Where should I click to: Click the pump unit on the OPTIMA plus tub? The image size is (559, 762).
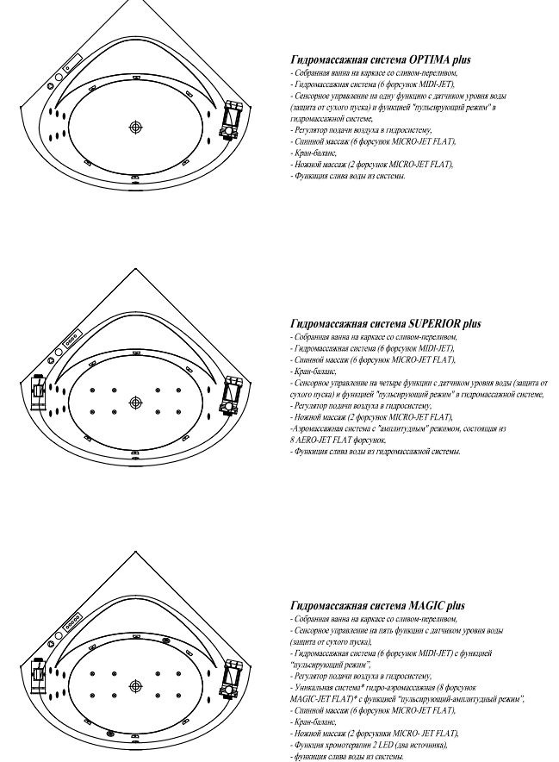click(231, 120)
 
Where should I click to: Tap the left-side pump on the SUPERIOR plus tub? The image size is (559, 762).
click(38, 393)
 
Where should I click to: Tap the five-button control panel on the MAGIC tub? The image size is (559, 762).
click(72, 621)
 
